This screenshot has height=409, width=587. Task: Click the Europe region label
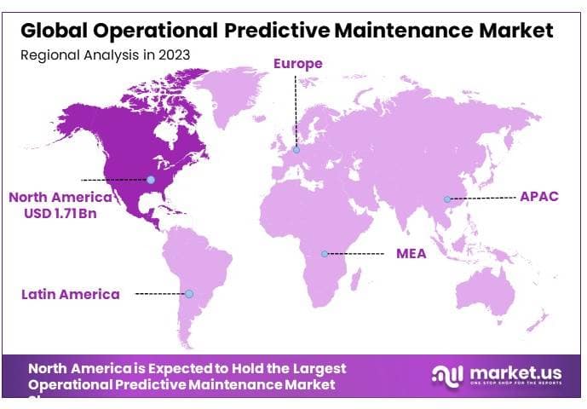(297, 63)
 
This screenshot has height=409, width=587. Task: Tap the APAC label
(539, 196)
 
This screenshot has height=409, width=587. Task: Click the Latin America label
(71, 294)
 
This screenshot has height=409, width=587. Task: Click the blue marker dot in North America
(151, 180)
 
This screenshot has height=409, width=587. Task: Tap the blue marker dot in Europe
(296, 150)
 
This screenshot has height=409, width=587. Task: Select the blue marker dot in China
(446, 199)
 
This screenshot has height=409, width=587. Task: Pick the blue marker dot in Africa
(325, 254)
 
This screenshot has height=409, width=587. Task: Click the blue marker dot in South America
(189, 294)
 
